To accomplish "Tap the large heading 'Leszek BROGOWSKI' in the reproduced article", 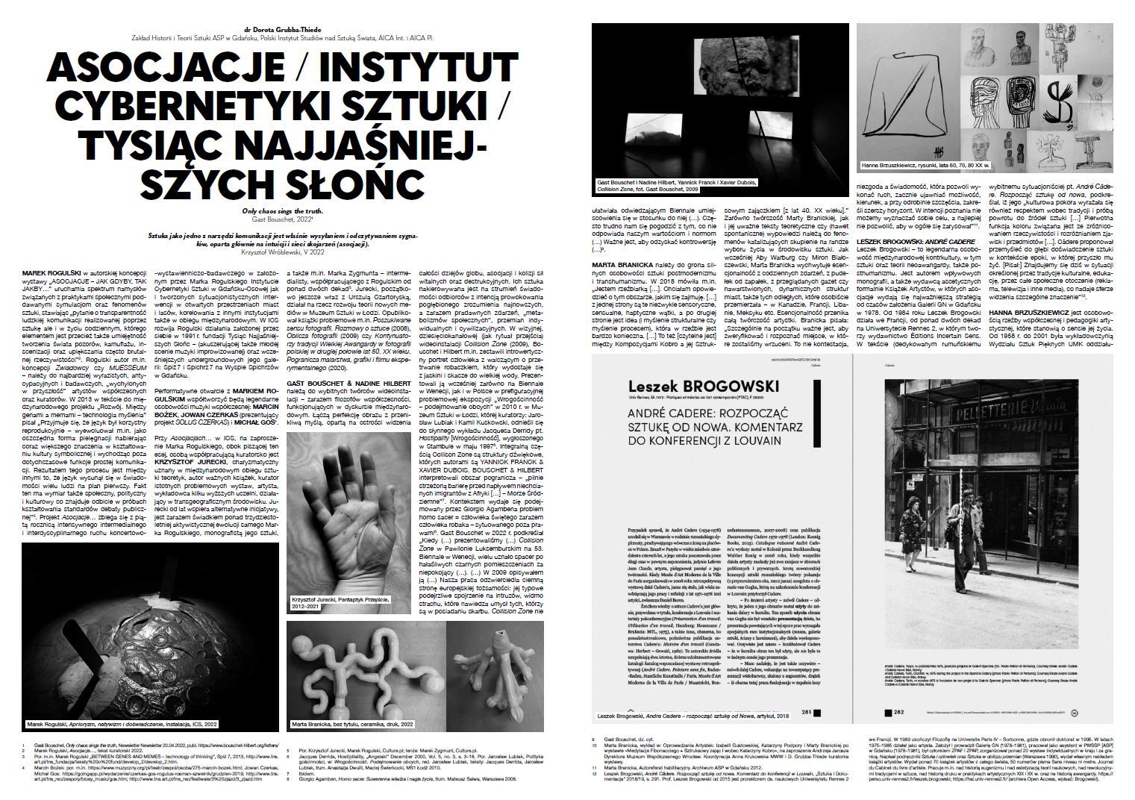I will pyautogui.click(x=693, y=387).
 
